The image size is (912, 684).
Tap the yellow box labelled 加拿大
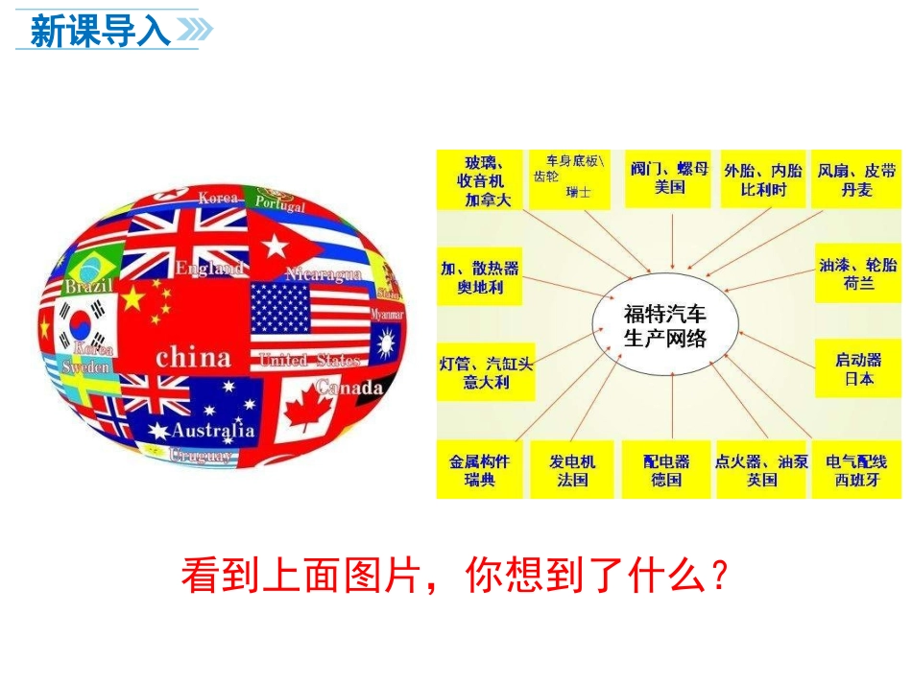479,179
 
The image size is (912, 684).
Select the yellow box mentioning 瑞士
572,179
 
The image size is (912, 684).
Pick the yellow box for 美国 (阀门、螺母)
668,178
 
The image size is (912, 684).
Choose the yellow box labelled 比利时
763,179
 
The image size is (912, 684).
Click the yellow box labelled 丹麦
857,179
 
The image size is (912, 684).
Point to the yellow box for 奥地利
479,278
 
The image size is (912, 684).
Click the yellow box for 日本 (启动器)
857,369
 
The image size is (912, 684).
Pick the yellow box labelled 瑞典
479,470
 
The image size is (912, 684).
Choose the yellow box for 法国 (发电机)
572,470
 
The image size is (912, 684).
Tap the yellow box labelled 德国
666,470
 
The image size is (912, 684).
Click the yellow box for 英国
762,470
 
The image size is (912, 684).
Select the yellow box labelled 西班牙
857,470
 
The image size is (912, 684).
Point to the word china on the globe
193,358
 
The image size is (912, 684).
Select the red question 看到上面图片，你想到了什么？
455,576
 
